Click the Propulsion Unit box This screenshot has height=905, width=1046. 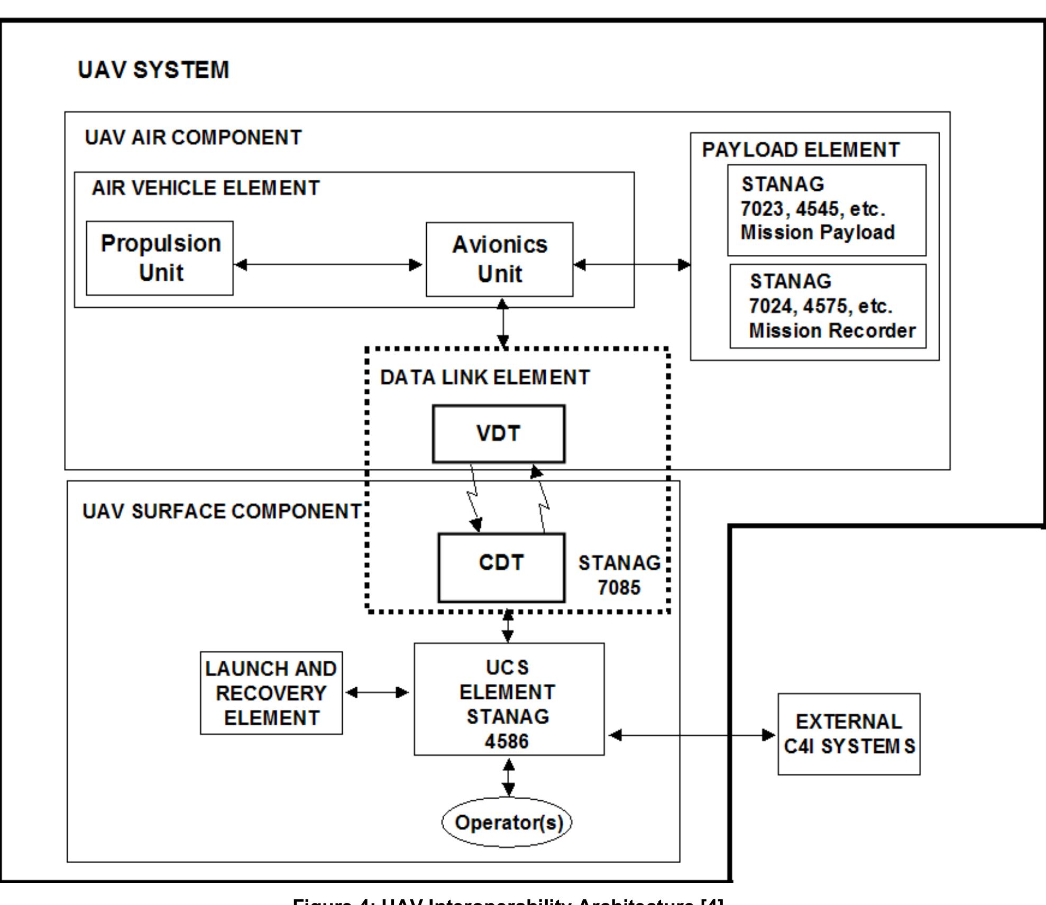point(159,258)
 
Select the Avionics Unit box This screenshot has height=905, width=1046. point(499,259)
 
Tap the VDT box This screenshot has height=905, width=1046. point(498,433)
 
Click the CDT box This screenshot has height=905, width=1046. point(501,567)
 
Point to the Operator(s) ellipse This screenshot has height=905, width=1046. point(507,823)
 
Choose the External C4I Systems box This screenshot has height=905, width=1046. point(848,734)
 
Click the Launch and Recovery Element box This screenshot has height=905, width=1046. point(271,692)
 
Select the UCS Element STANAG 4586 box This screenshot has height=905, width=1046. point(508,699)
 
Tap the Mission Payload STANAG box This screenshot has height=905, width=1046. point(826,210)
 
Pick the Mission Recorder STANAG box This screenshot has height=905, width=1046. point(828,306)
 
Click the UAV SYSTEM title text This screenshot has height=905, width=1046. point(153,70)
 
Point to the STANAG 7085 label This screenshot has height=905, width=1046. point(619,575)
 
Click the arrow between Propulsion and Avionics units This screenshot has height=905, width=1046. point(328,264)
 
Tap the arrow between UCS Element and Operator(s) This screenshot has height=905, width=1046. point(508,777)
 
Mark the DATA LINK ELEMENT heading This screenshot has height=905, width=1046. point(484,377)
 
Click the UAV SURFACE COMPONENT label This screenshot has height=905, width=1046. point(222,511)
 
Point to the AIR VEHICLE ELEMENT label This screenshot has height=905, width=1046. point(205,188)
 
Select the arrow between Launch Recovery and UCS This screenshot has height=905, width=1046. point(377,692)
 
